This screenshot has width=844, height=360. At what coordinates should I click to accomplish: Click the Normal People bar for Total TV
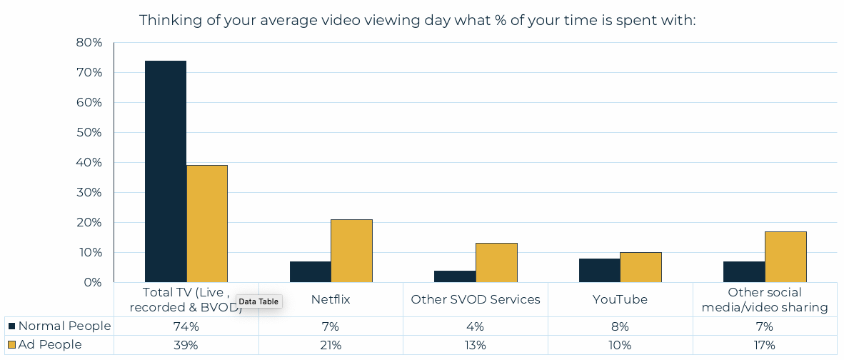click(x=166, y=171)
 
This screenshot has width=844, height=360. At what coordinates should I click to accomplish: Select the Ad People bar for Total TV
click(x=207, y=224)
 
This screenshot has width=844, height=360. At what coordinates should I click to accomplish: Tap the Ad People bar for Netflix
click(x=351, y=251)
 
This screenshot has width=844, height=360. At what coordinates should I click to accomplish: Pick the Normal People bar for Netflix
click(x=311, y=271)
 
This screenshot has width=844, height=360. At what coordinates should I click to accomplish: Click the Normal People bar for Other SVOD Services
click(x=455, y=276)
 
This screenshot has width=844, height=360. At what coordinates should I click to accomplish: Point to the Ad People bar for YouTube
click(x=640, y=267)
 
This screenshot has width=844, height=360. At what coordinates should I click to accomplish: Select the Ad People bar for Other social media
click(x=785, y=256)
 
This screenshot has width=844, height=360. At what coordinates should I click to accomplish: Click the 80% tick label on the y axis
click(x=89, y=43)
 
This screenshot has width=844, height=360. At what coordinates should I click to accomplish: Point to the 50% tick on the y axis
click(x=89, y=133)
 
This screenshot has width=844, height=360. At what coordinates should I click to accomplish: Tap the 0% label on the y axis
click(x=94, y=283)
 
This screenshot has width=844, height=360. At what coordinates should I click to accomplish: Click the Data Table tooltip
click(x=258, y=301)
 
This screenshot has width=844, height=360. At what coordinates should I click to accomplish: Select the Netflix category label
click(x=331, y=300)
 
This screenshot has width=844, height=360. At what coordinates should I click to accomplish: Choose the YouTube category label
click(x=620, y=300)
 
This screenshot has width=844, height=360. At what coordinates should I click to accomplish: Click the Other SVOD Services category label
click(x=476, y=300)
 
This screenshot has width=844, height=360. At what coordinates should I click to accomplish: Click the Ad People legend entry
click(x=50, y=345)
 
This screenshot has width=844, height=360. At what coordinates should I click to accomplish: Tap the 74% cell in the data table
click(x=186, y=327)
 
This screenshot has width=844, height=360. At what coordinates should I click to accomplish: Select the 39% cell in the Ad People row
click(x=186, y=346)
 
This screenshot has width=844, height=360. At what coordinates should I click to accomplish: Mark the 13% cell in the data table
click(x=475, y=346)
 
